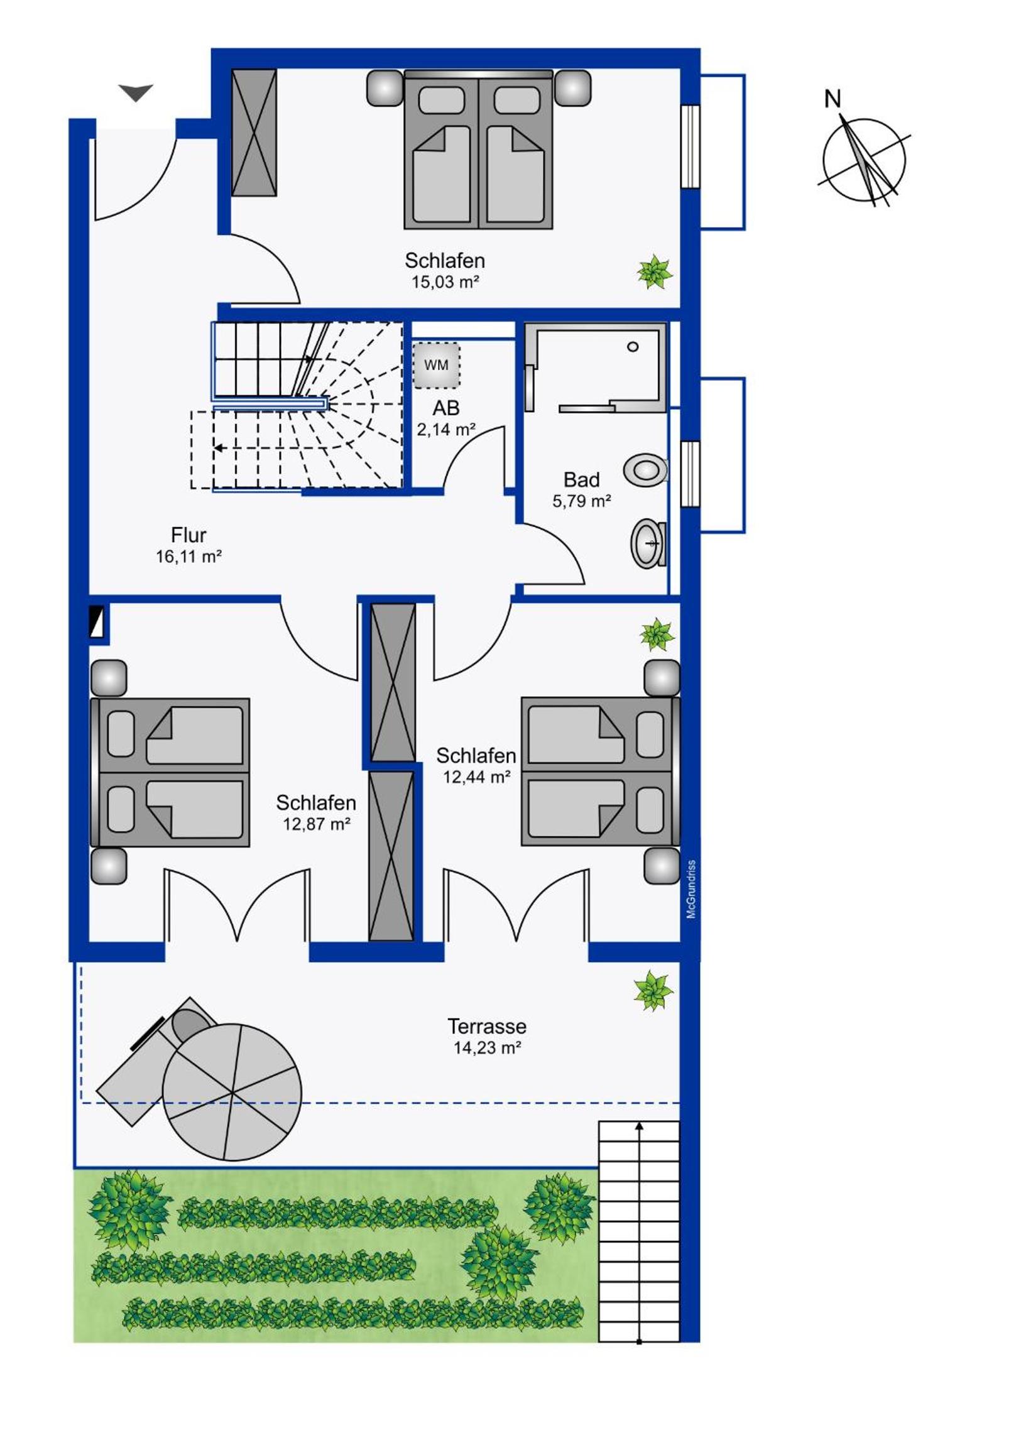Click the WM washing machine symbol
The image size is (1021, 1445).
[x=436, y=365]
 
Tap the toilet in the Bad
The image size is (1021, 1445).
[x=646, y=470]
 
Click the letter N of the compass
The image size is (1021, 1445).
[x=833, y=99]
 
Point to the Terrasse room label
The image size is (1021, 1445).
[x=486, y=1027]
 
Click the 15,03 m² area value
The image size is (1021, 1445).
[x=445, y=282]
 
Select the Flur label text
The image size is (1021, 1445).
[x=189, y=535]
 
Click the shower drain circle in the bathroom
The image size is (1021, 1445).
[x=633, y=347]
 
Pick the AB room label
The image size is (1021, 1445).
[x=445, y=408]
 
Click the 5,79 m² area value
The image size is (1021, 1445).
[x=582, y=501]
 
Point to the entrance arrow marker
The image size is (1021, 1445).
[x=136, y=92]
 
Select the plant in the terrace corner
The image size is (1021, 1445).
[x=653, y=990]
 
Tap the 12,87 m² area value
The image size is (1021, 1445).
[x=317, y=824]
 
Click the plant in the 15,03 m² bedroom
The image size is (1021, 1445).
[x=655, y=272]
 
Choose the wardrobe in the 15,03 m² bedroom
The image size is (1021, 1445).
[x=254, y=133]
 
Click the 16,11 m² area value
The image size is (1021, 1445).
[x=189, y=557]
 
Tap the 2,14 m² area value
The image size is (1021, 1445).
[x=446, y=429]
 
